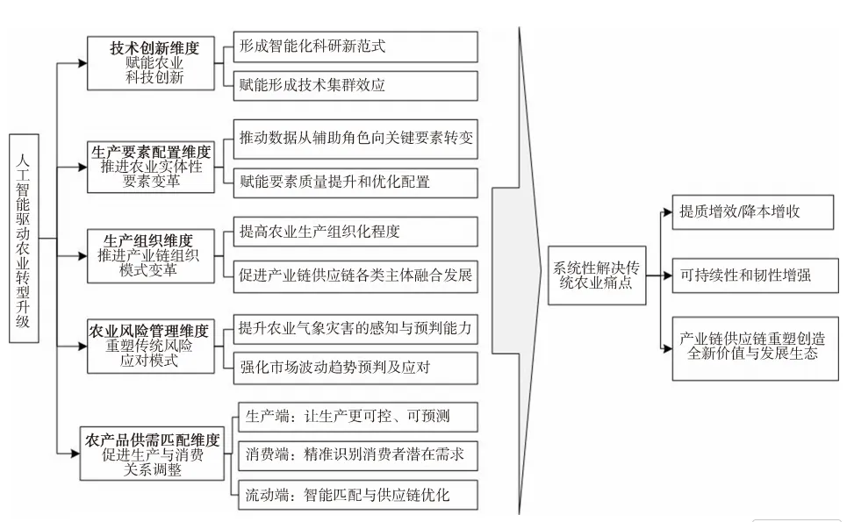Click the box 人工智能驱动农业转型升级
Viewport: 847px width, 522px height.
24,238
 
